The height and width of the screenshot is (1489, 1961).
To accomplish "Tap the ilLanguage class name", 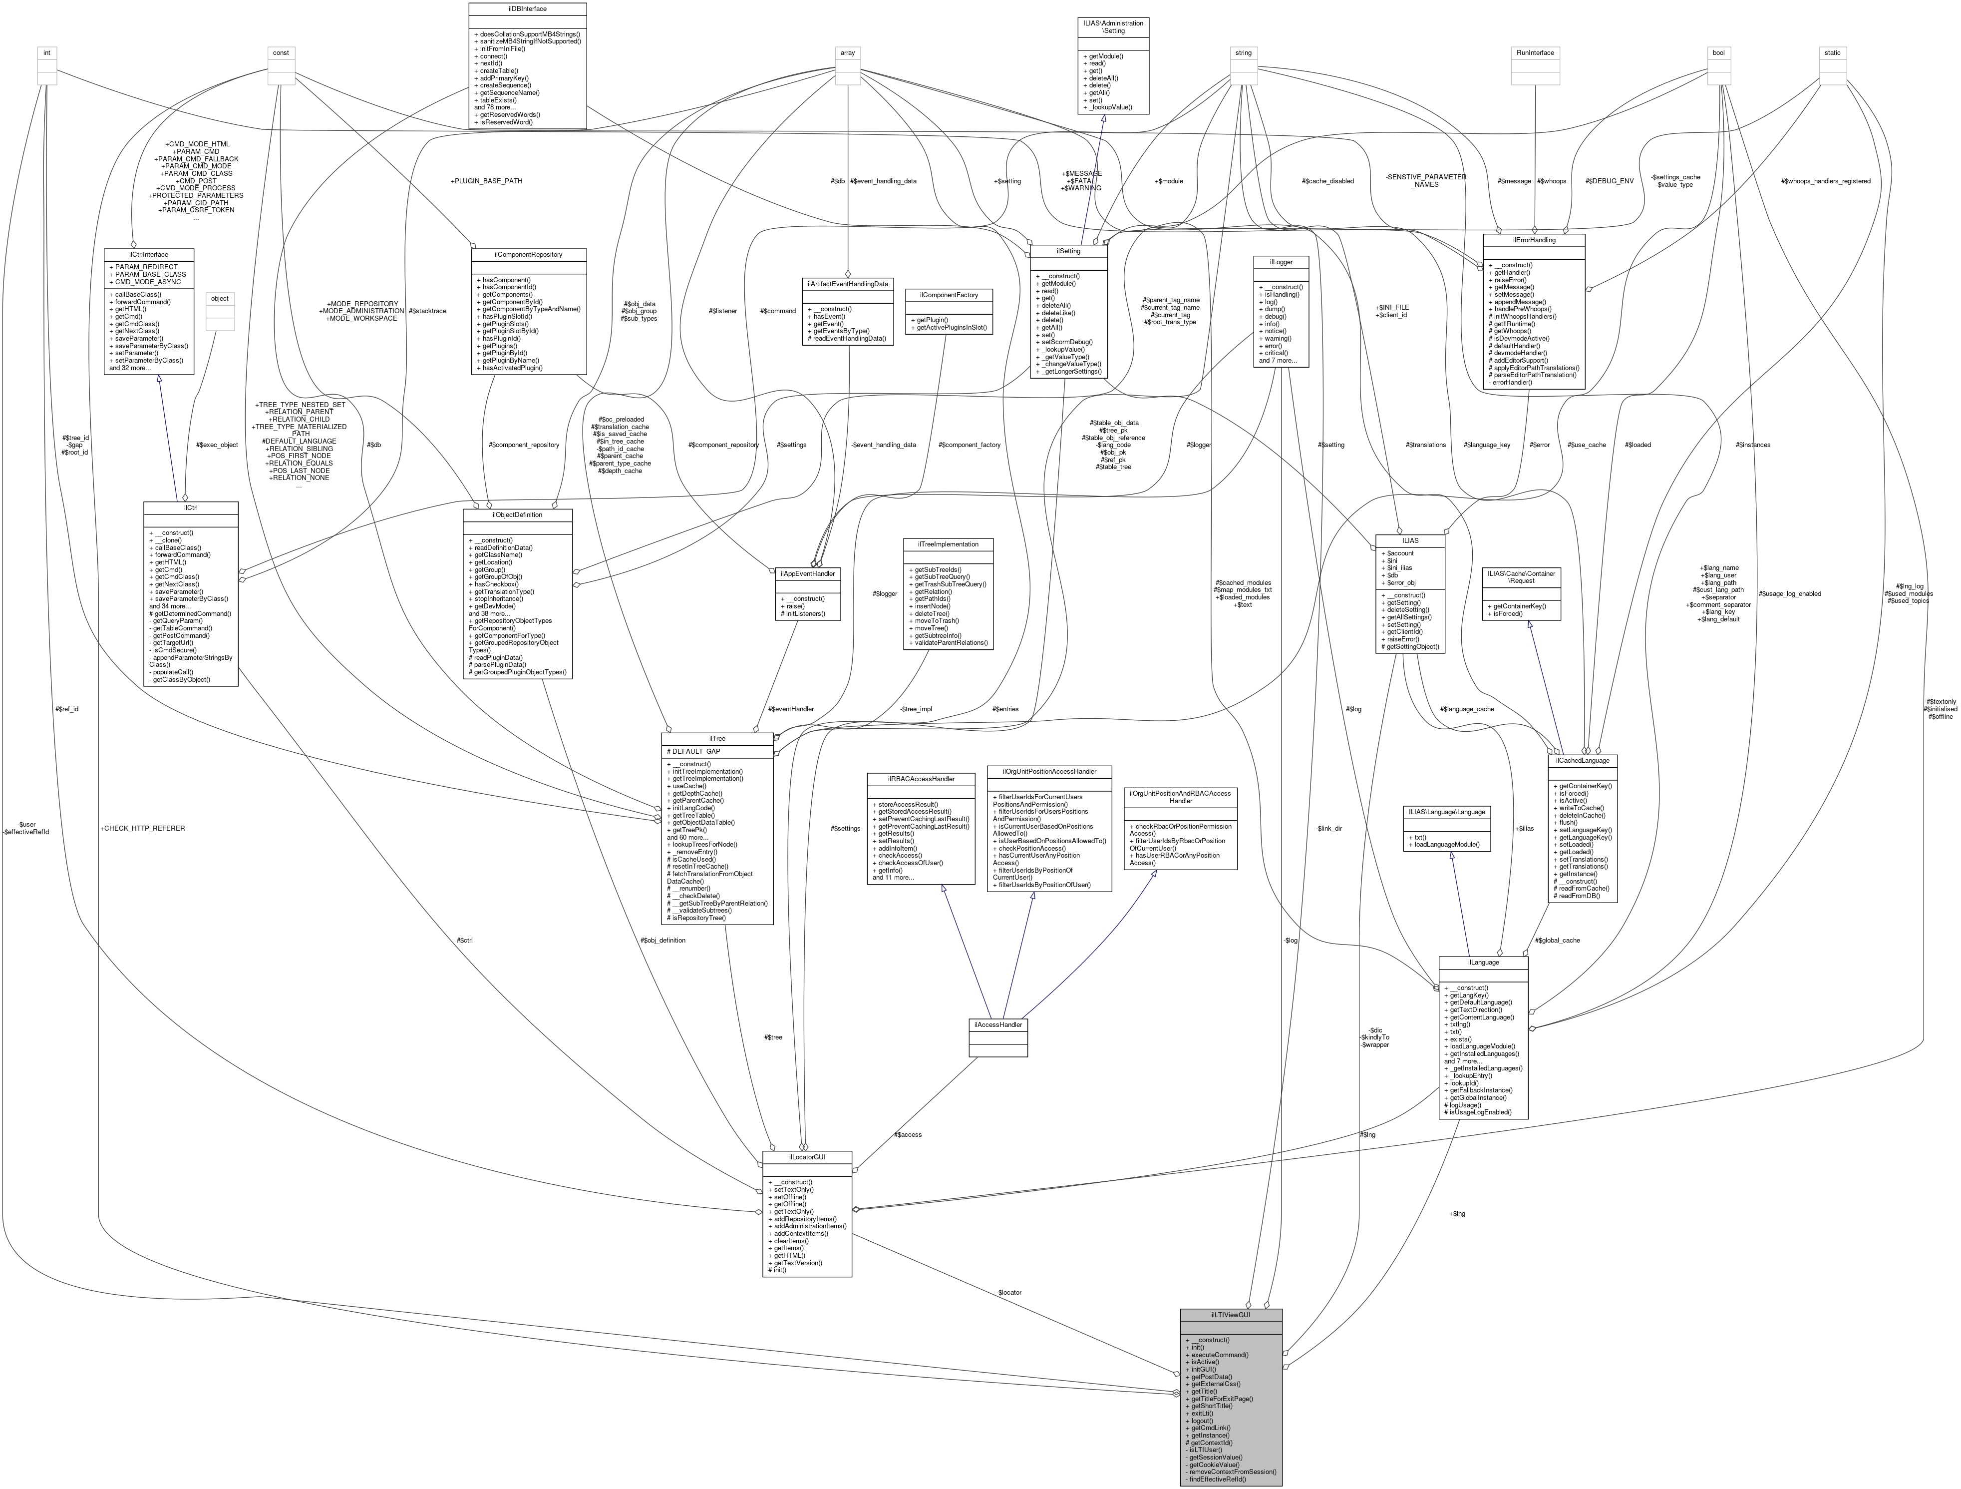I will tap(1483, 962).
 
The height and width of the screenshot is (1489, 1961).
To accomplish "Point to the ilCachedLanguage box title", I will tap(1583, 760).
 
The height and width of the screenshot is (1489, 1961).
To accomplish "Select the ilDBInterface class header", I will tap(527, 9).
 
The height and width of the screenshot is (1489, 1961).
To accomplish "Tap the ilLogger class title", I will tap(1281, 262).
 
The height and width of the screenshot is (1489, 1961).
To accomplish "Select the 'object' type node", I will tap(220, 298).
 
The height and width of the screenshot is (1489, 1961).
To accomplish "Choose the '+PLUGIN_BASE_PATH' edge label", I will tap(486, 181).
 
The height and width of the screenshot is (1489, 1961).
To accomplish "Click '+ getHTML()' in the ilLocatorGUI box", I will tap(789, 1255).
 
